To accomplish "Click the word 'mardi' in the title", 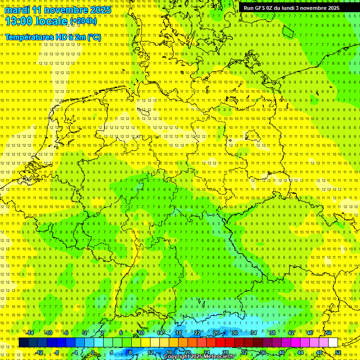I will (x=17, y=10).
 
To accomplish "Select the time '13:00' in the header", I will (x=19, y=21).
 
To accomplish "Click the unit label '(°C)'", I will (x=94, y=37).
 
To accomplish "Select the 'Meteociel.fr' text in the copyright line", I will (x=216, y=356).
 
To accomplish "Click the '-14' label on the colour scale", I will (x=30, y=333).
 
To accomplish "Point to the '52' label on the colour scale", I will (x=338, y=352).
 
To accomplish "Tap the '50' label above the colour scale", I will (x=328, y=333).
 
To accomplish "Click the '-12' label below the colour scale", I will (x=39, y=352).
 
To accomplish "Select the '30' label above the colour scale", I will (x=234, y=333).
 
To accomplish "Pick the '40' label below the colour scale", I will (x=282, y=352).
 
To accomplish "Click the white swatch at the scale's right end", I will (x=333, y=343).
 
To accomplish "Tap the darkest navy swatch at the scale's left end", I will (x=23, y=343).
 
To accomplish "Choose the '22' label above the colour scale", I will (x=197, y=333).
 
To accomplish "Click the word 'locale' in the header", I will (x=51, y=21).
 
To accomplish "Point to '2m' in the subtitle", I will (x=80, y=37).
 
